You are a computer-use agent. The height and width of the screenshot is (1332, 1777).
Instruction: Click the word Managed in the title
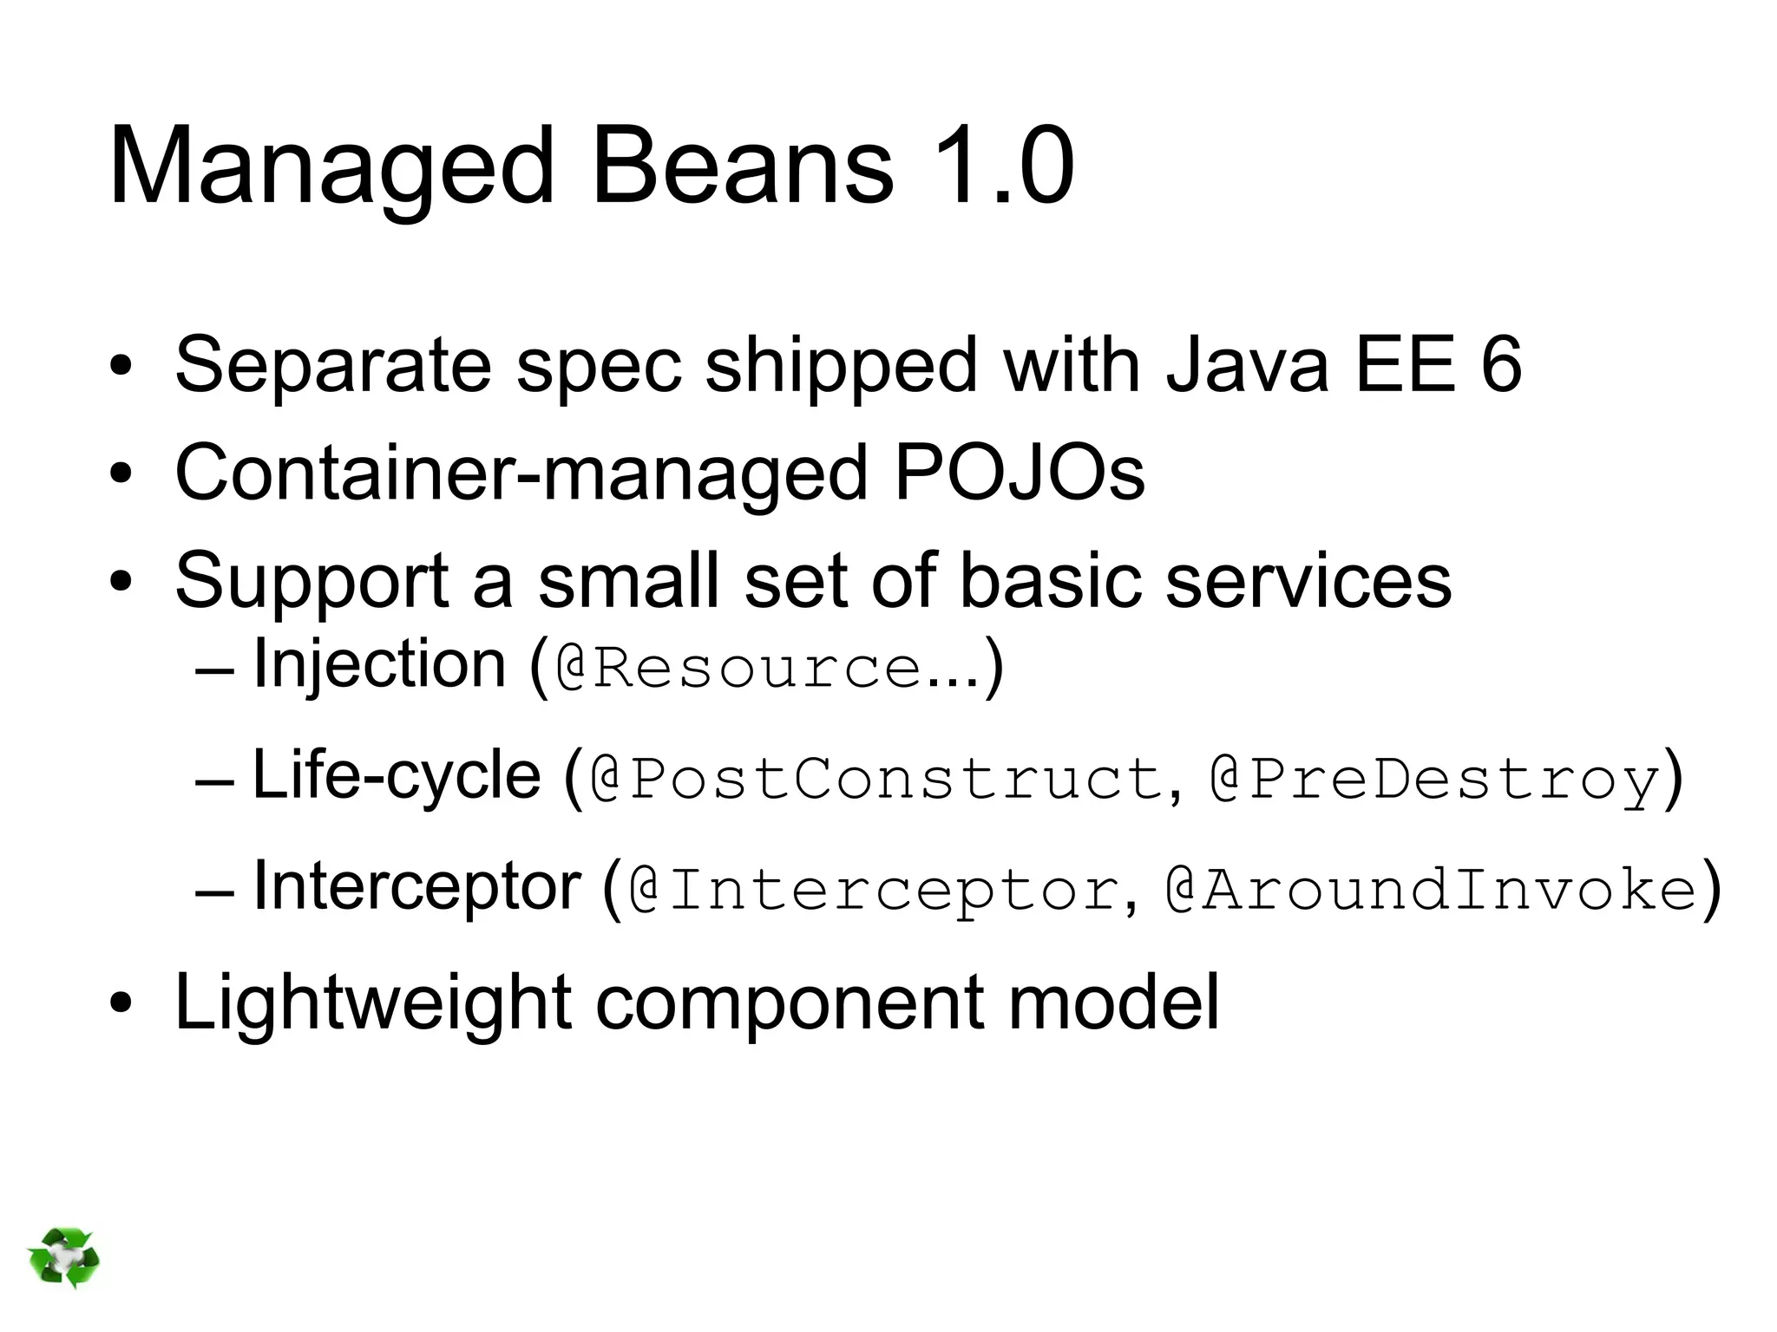click(331, 166)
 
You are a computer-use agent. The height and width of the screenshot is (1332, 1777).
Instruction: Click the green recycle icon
click(63, 1257)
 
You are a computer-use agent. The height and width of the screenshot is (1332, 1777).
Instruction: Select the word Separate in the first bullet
click(333, 366)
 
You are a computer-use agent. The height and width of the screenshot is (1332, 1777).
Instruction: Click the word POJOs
click(1019, 473)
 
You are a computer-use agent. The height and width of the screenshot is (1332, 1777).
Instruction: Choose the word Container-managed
click(521, 475)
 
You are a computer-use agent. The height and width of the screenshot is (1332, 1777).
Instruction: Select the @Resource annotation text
click(738, 669)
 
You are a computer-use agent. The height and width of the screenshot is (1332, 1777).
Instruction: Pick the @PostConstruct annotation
click(876, 779)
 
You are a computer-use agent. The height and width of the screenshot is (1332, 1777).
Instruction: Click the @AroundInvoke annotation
click(1431, 890)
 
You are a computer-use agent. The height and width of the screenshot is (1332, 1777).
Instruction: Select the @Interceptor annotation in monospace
click(873, 890)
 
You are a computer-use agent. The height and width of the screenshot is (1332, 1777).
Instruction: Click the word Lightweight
click(373, 1002)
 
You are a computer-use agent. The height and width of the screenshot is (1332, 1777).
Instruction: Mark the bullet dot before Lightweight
click(121, 1004)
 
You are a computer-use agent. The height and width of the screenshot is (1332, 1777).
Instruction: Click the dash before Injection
click(215, 672)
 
